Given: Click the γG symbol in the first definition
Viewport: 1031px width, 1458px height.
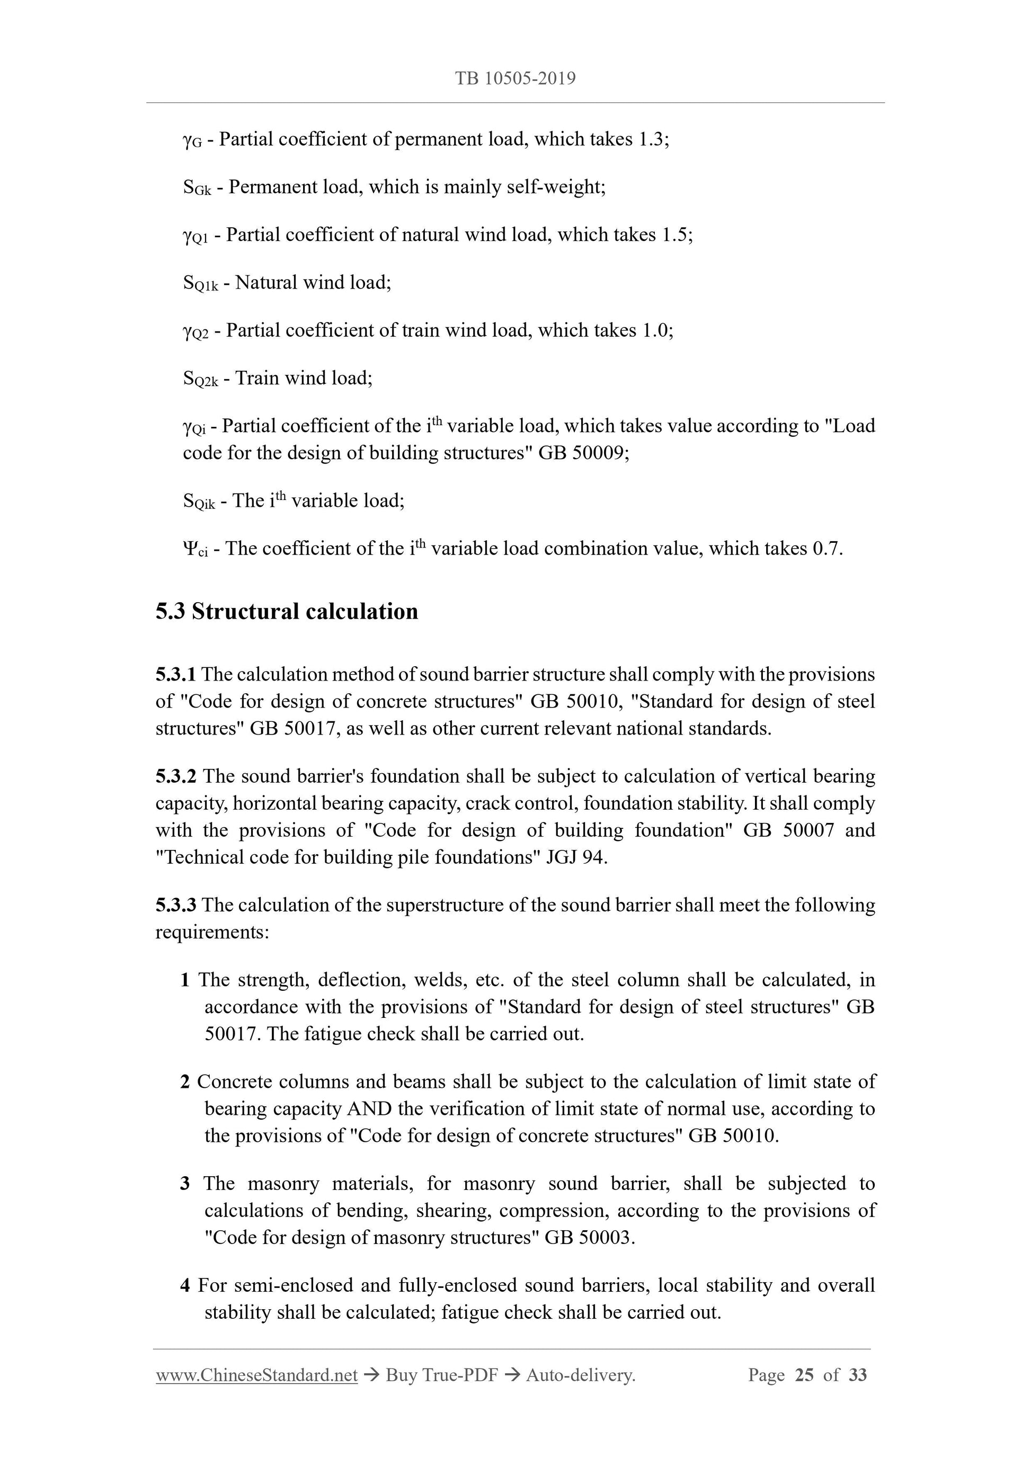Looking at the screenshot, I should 192,140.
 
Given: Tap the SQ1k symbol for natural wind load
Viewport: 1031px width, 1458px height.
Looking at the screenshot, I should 200,283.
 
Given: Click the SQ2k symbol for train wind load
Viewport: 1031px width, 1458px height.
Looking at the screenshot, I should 200,379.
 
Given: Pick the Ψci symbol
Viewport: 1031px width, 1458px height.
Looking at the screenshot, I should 194,549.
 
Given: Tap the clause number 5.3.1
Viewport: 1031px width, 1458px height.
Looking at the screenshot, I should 175,674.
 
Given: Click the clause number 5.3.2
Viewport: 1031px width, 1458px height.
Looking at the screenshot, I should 175,776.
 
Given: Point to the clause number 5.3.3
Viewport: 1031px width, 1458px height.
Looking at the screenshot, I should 175,905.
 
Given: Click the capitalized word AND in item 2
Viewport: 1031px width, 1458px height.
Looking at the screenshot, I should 370,1109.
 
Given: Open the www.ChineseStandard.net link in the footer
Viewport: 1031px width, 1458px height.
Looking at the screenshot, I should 256,1375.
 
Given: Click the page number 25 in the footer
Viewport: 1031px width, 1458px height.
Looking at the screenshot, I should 804,1375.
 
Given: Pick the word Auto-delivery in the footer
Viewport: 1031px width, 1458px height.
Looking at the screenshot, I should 580,1375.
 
